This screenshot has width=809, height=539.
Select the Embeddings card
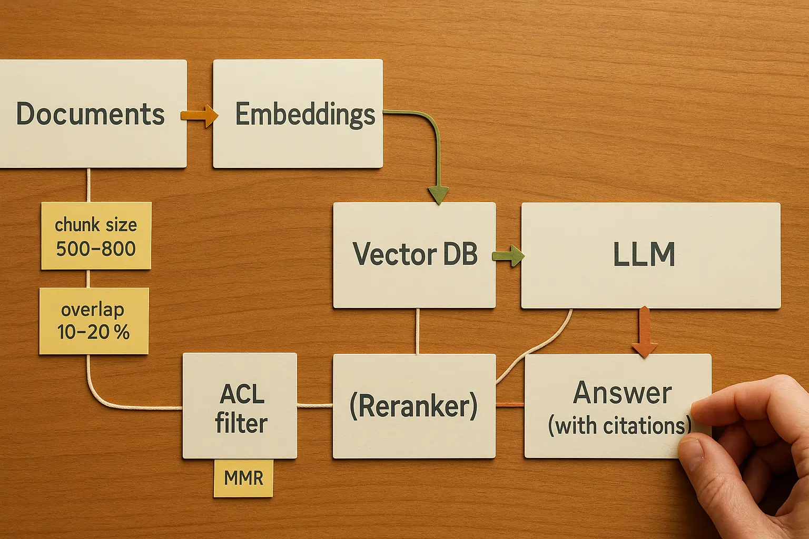point(298,114)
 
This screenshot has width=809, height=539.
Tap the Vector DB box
point(415,255)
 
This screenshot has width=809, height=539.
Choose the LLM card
point(650,255)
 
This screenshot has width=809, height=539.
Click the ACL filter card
point(240,406)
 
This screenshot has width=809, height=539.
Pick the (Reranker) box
point(414,406)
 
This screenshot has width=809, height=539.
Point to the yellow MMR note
point(243,478)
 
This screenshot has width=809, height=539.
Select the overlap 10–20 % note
point(94,321)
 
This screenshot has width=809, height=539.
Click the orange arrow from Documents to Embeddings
point(200,115)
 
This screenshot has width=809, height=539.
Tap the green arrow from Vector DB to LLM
point(508,256)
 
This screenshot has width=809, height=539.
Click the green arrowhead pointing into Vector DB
point(438,195)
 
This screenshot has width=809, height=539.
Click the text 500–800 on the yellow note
point(96,248)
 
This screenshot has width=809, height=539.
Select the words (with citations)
point(619,426)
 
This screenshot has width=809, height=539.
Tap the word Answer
point(623,393)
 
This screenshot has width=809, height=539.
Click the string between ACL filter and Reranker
point(314,405)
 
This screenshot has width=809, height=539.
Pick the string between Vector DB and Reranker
point(417,331)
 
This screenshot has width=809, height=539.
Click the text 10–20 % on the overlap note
point(93,332)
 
